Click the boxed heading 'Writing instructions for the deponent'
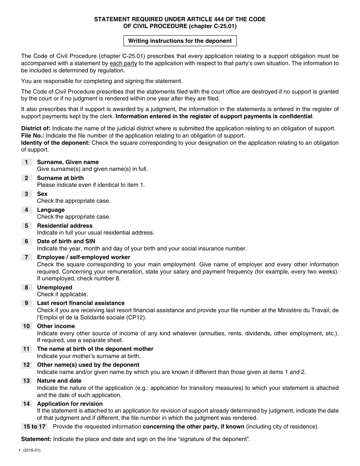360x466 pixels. coord(180,41)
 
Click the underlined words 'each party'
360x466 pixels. coord(123,63)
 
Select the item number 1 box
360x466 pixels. coord(27,162)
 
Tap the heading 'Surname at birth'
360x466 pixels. coord(60,178)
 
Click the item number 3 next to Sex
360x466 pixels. coord(27,194)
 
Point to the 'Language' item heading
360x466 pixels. coord(51,210)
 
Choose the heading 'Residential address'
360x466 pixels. coord(64,226)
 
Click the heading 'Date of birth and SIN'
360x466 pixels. coord(66,241)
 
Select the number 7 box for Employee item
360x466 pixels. coord(27,257)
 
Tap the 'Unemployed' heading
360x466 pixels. coord(54,288)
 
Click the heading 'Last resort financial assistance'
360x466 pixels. coord(80,303)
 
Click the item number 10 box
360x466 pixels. coord(27,326)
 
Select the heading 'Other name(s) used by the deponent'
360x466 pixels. coord(88,365)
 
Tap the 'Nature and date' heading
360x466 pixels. coord(59,381)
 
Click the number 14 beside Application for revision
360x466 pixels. coord(27,404)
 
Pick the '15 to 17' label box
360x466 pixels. coord(34,427)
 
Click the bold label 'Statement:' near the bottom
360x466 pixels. coord(36,439)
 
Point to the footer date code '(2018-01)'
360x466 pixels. coord(31,450)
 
